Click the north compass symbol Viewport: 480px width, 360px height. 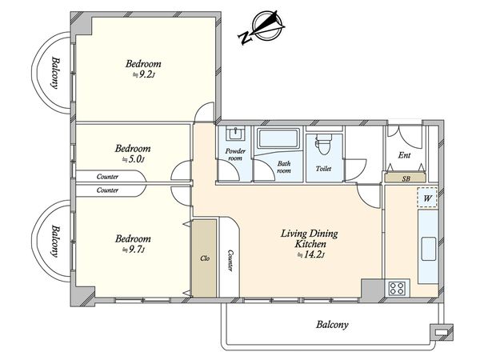[262, 27]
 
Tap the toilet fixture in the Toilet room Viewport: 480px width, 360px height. [323, 143]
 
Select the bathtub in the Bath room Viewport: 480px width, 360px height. [278, 138]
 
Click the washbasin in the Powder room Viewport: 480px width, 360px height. [235, 134]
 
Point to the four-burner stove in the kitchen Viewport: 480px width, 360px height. [397, 288]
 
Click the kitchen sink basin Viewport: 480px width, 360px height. [429, 249]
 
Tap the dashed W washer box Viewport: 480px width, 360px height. [427, 198]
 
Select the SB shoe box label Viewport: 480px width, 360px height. [406, 178]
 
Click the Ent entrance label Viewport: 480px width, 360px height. [404, 155]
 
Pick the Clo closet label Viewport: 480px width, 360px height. [205, 258]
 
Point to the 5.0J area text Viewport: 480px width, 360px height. [133, 159]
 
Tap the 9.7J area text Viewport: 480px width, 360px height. [133, 250]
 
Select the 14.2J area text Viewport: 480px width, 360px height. [310, 254]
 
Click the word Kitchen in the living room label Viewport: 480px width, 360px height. [310, 244]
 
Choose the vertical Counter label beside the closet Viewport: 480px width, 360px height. [230, 261]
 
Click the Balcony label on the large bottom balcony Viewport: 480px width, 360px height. [332, 325]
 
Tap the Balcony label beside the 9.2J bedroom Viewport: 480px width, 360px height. [55, 73]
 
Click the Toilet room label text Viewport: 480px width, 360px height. [323, 168]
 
